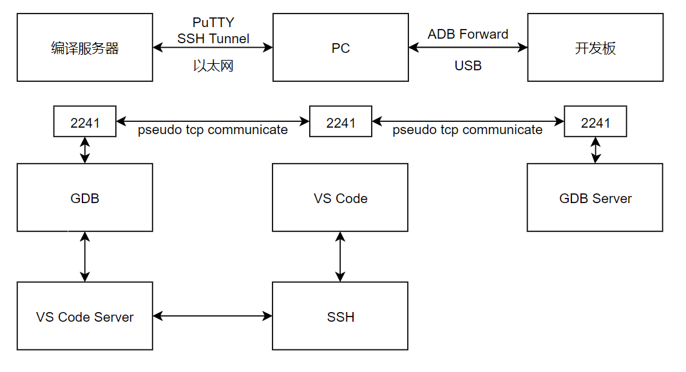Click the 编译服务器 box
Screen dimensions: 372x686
coord(85,48)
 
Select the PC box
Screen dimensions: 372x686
coord(340,48)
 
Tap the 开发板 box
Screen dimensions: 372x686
coord(595,48)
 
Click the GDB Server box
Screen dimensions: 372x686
coord(595,198)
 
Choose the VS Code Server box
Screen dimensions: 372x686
coord(85,317)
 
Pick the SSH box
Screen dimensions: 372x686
coord(340,317)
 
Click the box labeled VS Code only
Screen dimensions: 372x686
coord(340,198)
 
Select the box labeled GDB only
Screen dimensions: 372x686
coord(85,198)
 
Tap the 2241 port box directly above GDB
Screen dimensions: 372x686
coord(85,122)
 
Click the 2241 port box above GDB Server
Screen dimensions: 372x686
coord(595,122)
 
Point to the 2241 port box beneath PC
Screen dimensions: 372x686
coord(340,122)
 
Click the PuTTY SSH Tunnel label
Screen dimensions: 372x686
coord(213,31)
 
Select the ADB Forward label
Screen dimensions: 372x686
coord(468,34)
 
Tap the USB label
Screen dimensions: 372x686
coord(468,66)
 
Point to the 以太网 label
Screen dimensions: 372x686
coord(213,66)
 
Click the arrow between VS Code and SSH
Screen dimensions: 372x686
coord(340,257)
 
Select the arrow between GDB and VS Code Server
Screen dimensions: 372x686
coord(85,257)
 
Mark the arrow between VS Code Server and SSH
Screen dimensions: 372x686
coord(213,316)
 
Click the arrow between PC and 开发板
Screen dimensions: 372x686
coord(468,47)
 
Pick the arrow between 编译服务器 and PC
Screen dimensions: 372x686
coord(213,47)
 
